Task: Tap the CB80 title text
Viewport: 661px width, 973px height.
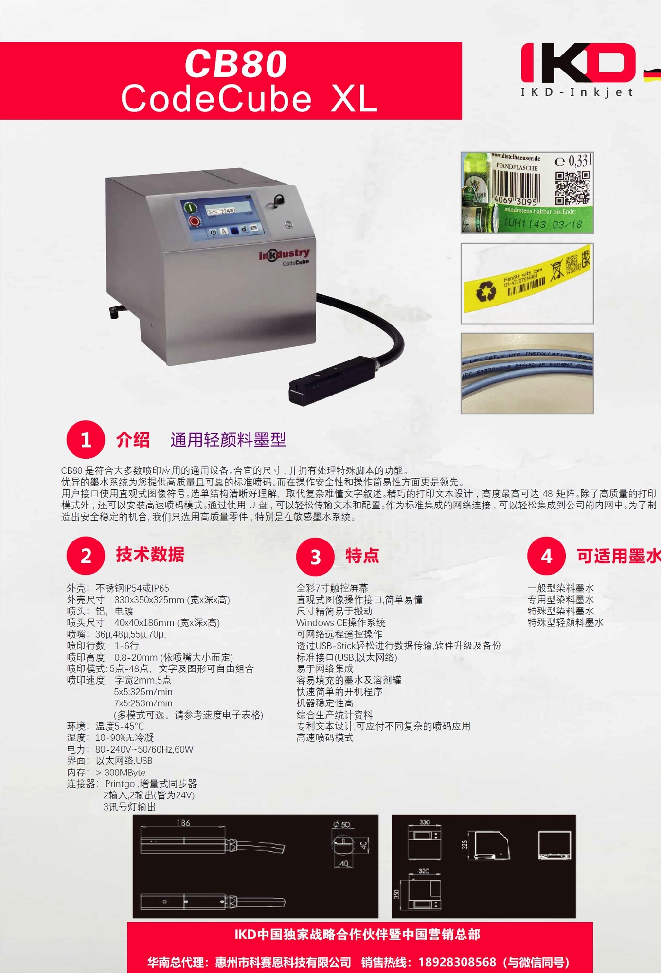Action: point(236,64)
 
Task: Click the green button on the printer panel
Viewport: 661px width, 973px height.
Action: point(190,208)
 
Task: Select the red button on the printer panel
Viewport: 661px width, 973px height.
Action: point(195,222)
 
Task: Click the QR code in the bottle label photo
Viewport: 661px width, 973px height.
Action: point(572,187)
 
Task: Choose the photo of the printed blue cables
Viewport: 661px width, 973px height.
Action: point(527,373)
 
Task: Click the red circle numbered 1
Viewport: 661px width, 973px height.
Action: point(86,440)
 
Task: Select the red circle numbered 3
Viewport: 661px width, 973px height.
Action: point(315,557)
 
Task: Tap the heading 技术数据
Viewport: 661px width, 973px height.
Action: point(150,555)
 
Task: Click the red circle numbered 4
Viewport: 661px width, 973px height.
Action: point(546,556)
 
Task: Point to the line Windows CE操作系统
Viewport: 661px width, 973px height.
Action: point(340,623)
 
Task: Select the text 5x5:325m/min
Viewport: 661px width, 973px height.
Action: point(143,692)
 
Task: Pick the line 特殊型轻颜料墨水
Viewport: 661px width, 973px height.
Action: point(565,623)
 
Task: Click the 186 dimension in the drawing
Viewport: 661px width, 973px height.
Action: point(183,823)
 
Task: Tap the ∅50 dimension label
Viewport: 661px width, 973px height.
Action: point(341,825)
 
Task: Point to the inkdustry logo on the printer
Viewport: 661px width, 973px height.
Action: point(284,254)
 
